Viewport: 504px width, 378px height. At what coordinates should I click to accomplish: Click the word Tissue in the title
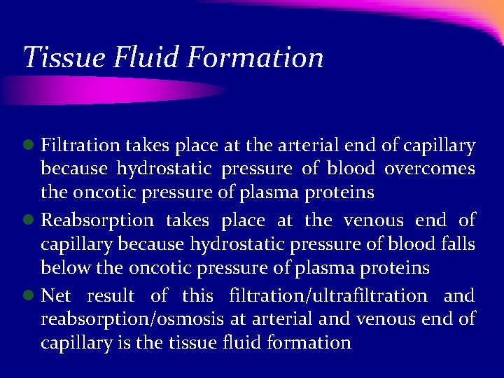pyautogui.click(x=55, y=57)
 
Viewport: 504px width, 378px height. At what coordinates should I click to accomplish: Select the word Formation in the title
pyautogui.click(x=256, y=57)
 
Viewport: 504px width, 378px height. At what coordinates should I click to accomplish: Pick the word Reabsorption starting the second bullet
pyautogui.click(x=97, y=220)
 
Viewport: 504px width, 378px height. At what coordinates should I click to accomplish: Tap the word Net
pyautogui.click(x=56, y=296)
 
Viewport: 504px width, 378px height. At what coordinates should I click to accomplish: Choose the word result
pyautogui.click(x=111, y=296)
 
